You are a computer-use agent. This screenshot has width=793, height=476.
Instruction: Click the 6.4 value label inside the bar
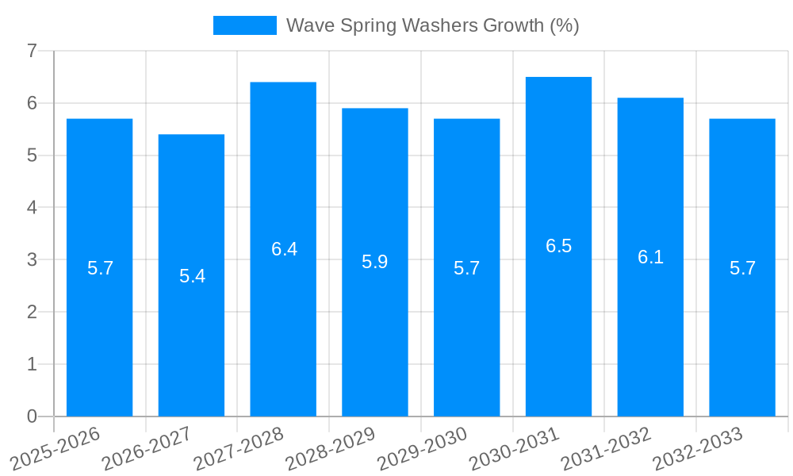(284, 249)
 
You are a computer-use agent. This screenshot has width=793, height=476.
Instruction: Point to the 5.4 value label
(192, 276)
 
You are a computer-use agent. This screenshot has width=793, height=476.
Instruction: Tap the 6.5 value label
(558, 246)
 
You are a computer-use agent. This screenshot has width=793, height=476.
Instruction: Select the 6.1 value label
(650, 257)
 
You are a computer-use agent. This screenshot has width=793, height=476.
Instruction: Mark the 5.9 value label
(374, 262)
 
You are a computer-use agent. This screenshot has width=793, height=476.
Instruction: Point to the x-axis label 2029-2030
(422, 449)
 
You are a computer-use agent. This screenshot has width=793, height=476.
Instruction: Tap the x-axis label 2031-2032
(606, 449)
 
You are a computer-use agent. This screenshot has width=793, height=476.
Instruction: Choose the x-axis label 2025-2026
(55, 449)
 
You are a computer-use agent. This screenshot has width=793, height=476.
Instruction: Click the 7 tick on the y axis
(32, 51)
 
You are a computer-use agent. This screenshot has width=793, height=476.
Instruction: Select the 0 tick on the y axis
(32, 416)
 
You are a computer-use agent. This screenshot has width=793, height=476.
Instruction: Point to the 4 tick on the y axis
(32, 208)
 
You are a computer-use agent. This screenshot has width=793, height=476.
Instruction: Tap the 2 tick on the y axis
(32, 312)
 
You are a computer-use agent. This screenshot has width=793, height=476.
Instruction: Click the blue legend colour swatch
(244, 25)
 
